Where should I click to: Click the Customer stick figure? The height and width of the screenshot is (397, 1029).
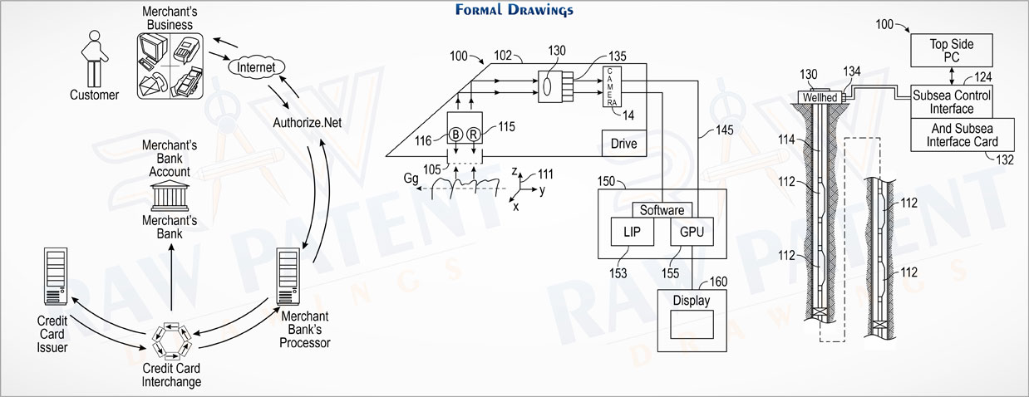pos(95,59)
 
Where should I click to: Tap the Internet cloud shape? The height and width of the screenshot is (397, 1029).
pos(256,67)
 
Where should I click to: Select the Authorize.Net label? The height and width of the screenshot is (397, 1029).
pos(308,123)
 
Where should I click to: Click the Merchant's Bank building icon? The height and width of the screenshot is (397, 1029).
pos(170,196)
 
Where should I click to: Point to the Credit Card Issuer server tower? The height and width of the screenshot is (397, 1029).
pos(56,277)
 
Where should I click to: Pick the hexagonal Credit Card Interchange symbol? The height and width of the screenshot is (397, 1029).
pos(171,341)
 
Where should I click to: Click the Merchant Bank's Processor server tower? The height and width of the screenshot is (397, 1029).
pos(288,277)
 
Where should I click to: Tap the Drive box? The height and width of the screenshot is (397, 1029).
pos(624,143)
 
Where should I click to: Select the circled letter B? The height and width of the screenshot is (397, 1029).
pos(455,135)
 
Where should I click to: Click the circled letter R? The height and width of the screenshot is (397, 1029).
pos(474,135)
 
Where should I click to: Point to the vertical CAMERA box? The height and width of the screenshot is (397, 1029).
pos(612,86)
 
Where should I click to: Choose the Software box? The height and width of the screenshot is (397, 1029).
pos(662,210)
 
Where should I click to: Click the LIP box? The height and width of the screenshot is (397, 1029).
pos(632,232)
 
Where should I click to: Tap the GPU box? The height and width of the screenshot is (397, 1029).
pos(692,232)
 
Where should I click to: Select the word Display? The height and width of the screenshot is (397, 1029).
pos(692,301)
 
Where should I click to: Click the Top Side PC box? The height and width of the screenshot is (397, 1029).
pos(952,51)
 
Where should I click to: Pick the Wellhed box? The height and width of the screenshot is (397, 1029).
pos(820,97)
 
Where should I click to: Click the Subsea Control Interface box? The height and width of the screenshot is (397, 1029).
pos(952,102)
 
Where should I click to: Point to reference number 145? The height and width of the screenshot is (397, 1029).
pos(725,130)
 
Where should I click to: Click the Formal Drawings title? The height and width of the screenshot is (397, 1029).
pos(514,10)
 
